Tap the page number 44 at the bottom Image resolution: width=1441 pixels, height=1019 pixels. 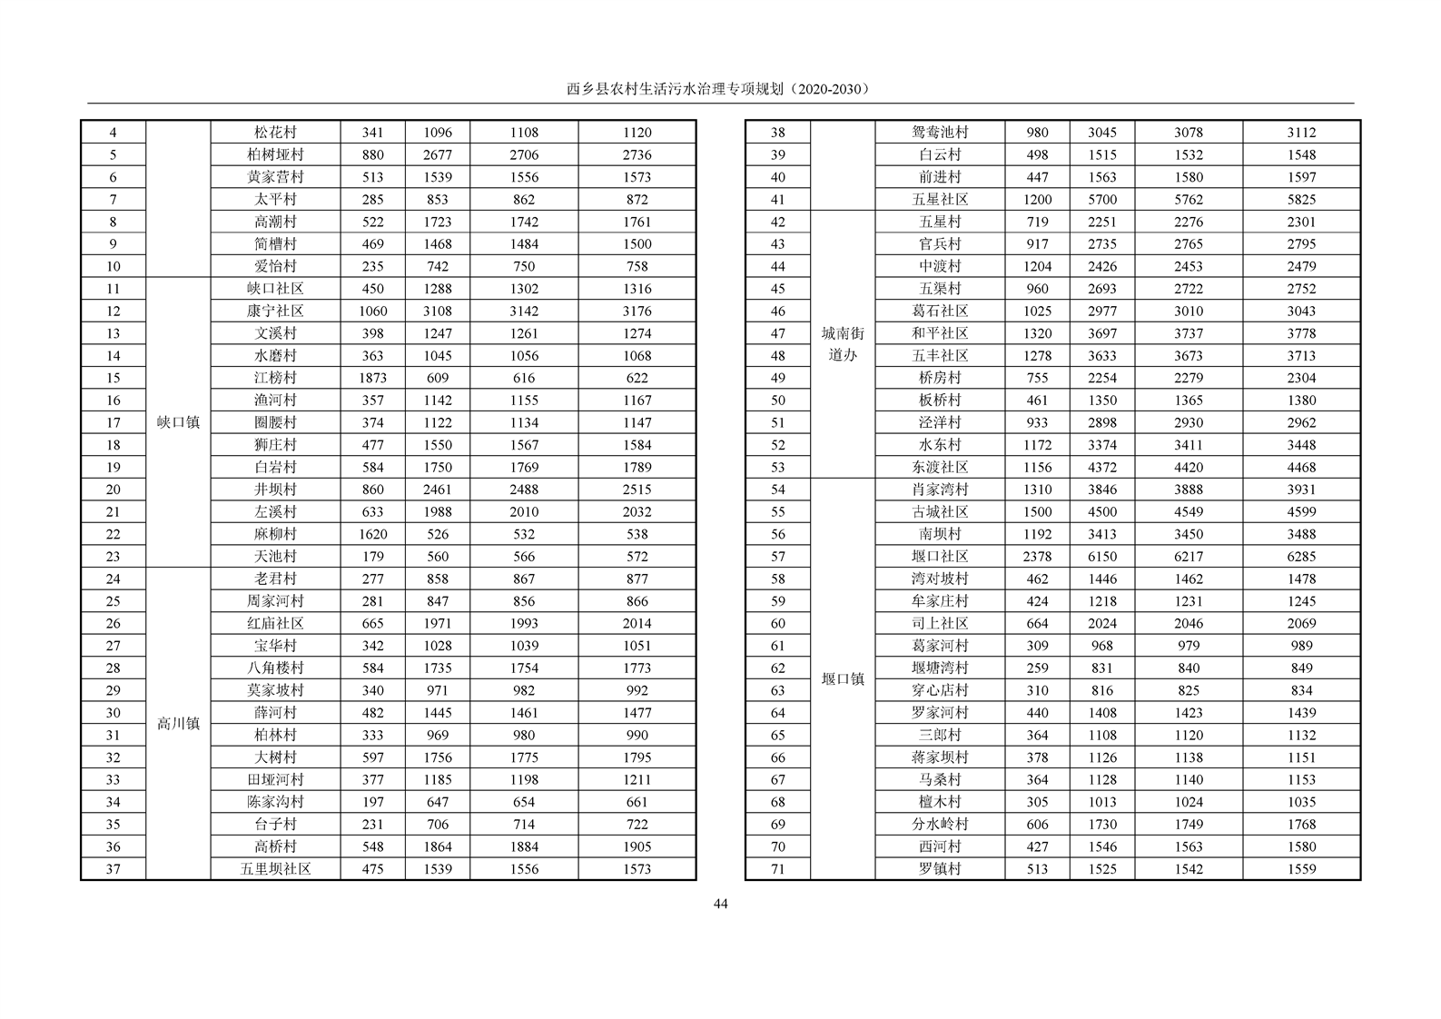720,904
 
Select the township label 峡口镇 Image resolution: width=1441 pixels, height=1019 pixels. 178,422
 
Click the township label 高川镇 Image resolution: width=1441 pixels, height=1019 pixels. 178,724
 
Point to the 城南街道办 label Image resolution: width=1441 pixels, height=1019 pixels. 843,344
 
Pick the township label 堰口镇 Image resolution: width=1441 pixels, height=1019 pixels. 843,679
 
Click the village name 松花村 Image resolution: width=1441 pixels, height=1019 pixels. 275,133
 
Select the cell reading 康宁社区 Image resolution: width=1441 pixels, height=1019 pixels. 275,311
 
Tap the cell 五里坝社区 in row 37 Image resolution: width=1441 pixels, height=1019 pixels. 275,869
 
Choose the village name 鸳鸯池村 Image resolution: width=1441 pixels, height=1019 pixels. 940,133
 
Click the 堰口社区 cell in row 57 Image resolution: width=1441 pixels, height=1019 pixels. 940,557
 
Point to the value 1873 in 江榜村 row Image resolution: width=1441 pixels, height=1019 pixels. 372,378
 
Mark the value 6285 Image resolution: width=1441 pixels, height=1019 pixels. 1301,557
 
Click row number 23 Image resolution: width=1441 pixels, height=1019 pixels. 113,557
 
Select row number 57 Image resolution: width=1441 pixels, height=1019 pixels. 777,557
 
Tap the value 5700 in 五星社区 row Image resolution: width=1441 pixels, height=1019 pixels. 1102,200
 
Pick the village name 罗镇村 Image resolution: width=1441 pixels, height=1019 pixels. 940,869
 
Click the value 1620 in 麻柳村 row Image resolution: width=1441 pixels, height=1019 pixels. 372,534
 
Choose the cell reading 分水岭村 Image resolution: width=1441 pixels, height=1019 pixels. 940,825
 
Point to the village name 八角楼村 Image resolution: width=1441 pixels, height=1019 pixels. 275,668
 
